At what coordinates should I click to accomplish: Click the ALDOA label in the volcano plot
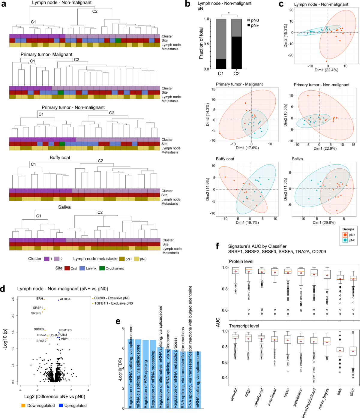point(65,299)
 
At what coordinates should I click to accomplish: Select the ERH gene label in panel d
point(40,299)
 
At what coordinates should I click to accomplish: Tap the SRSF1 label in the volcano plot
point(38,308)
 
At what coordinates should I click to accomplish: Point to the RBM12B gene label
point(65,330)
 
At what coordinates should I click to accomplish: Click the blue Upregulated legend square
point(61,405)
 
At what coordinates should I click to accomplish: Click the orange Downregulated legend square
point(23,405)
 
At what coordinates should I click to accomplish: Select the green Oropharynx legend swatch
point(102,268)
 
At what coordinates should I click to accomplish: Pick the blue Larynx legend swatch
point(82,268)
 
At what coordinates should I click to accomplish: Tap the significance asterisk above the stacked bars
point(229,13)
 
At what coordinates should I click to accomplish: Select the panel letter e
point(118,321)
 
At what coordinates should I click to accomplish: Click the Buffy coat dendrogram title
point(60,158)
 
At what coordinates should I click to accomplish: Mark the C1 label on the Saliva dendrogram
point(39,216)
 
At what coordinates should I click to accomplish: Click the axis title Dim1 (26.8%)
point(324,223)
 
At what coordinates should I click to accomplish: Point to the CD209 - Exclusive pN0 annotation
point(112,298)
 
